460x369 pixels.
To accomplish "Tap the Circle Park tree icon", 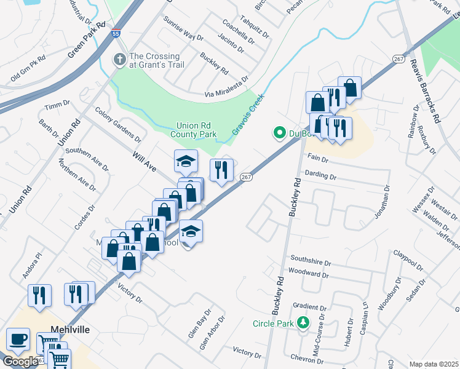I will [303, 323].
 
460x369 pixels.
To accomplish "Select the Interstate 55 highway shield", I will [116, 35].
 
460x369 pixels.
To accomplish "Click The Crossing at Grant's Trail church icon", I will [117, 60].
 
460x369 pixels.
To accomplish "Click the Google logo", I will [20, 362].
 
